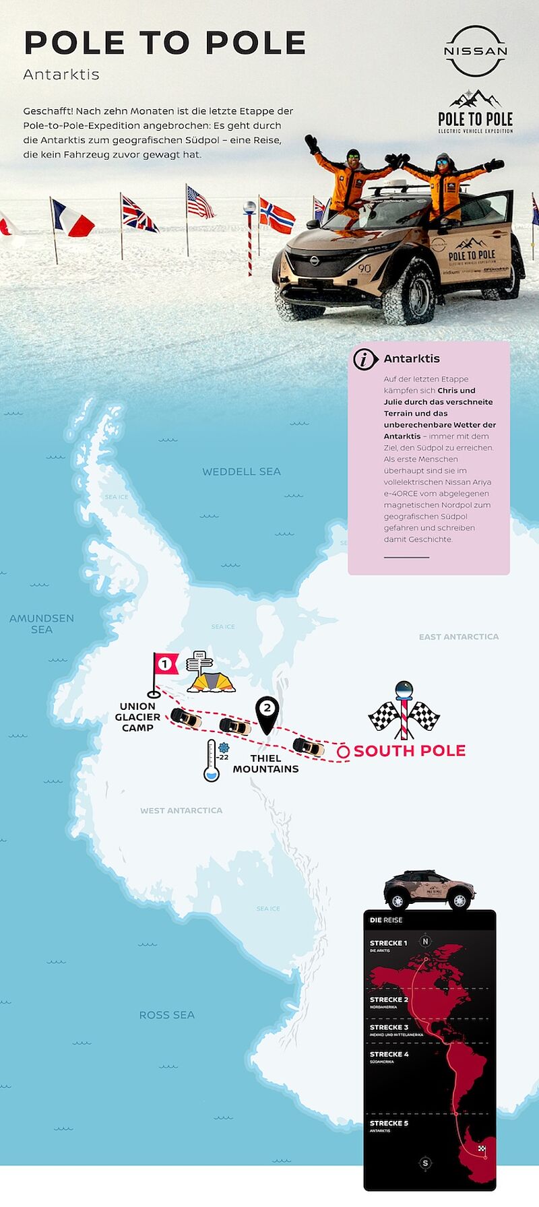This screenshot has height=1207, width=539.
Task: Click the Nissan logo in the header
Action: [x=475, y=51]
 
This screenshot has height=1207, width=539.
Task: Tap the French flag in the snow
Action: [x=72, y=220]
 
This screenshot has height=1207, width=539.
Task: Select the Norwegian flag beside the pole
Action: [x=276, y=216]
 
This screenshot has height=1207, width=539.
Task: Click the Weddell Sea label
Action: [x=241, y=471]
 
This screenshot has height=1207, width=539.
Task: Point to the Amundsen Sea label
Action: [x=42, y=624]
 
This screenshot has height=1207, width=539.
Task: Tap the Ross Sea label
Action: [x=166, y=1015]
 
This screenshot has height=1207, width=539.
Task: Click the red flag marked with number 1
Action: [x=164, y=664]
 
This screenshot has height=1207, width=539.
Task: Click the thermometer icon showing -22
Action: [x=212, y=761]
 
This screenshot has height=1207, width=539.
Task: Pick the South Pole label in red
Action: [x=410, y=750]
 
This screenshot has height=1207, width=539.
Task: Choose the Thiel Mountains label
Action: [x=265, y=764]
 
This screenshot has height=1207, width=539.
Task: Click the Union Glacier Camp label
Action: [x=137, y=717]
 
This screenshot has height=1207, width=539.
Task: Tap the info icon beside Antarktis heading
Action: [x=365, y=359]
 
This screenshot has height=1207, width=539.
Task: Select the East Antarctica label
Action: [x=459, y=637]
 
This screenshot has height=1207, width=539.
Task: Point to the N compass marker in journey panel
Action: [x=425, y=942]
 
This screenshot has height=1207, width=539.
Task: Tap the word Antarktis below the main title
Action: [x=61, y=74]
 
